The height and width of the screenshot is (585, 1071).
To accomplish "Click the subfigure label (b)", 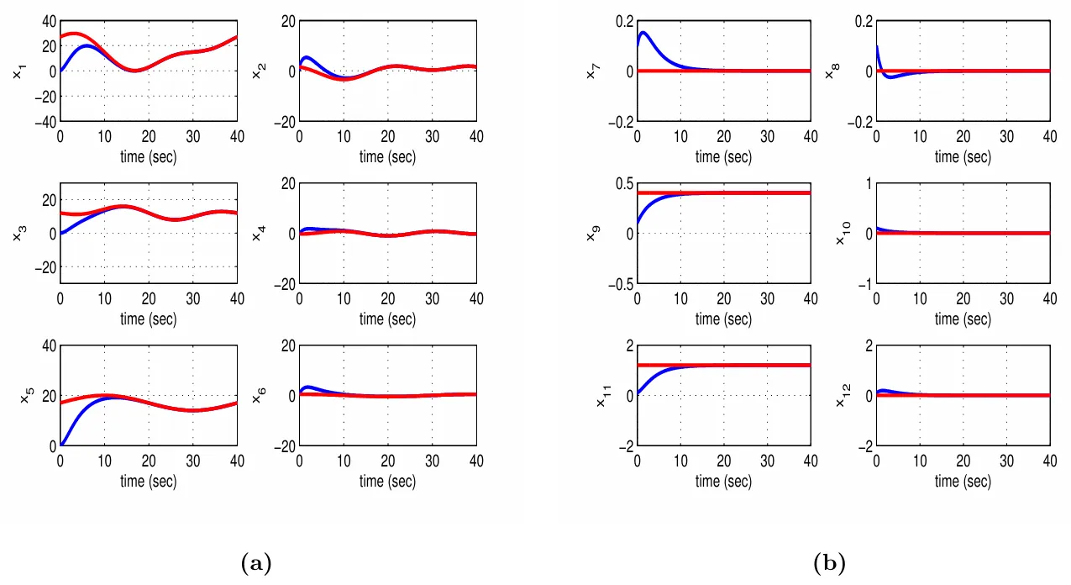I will coord(830,562).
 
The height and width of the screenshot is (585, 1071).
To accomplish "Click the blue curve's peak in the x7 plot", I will coord(643,34).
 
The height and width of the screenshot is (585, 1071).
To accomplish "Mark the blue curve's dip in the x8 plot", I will coord(890,76).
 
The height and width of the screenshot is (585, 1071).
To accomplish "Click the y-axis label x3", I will coord(17,235).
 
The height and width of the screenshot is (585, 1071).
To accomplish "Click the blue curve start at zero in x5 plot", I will coord(62,445).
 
